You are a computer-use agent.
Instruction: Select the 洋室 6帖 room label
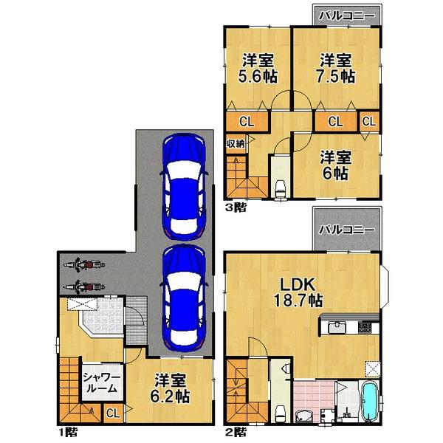[336, 166]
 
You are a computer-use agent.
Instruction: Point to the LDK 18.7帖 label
[299, 292]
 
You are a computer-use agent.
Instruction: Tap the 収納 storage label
[236, 144]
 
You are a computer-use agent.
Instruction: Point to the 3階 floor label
[236, 207]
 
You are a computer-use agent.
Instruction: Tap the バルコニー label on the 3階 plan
[347, 16]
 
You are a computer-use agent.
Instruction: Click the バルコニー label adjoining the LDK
[346, 229]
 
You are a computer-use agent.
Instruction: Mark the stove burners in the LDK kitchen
[367, 327]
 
